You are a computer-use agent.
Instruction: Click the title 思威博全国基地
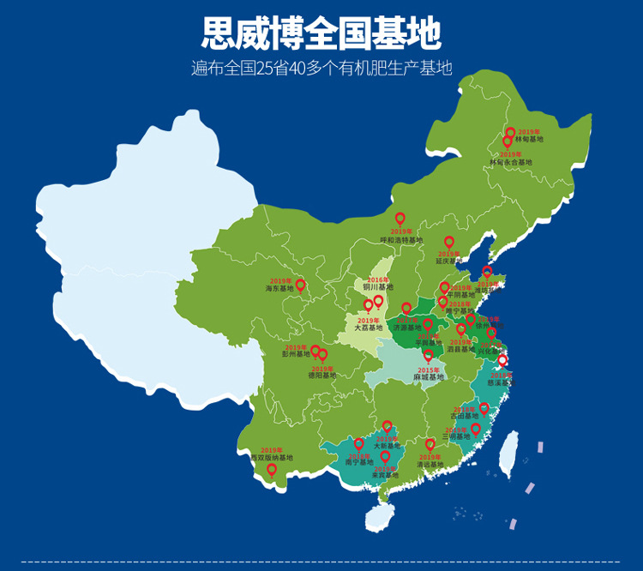pos(321,34)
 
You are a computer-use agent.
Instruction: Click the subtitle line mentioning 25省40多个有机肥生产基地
pos(321,69)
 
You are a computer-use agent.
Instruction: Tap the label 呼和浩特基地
pos(401,240)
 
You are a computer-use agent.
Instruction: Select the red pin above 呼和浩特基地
pos(400,219)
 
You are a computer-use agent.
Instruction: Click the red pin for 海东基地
pos(300,285)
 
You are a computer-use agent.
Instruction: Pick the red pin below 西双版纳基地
pos(272,469)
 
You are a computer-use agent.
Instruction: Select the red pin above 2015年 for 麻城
pos(429,356)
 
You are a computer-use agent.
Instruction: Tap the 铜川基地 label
pos(377,287)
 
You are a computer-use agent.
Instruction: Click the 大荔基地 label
pos(369,328)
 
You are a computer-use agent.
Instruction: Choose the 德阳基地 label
pos(322,375)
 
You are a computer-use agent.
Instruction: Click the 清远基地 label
pos(430,465)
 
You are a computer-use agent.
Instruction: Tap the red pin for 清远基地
pos(430,445)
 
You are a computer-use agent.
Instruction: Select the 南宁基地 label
pos(359,463)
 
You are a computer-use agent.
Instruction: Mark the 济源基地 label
pos(407,328)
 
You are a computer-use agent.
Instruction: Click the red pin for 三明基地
pos(476,429)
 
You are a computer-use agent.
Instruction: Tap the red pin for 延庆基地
pos(448,243)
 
